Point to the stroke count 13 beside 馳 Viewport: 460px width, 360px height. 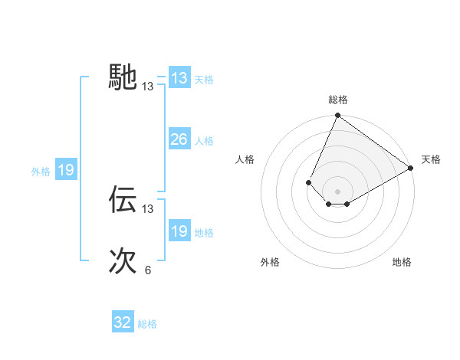tap(148, 87)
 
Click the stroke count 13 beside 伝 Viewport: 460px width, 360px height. tap(148, 208)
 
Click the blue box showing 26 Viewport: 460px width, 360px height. tap(179, 139)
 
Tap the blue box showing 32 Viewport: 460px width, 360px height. tap(123, 322)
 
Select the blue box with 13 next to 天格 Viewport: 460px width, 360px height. tap(179, 78)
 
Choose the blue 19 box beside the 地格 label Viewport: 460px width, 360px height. tap(179, 231)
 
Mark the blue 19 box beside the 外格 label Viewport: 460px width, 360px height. tap(66, 170)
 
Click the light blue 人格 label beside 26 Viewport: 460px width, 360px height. tap(204, 141)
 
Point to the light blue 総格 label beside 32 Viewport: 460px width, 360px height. tap(148, 324)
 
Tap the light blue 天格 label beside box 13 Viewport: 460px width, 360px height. tap(204, 80)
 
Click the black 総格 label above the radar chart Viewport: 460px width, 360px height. tap(337, 100)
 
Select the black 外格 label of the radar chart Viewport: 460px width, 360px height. tap(270, 262)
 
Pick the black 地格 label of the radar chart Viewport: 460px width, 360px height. tap(402, 262)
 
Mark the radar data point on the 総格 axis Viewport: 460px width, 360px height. tap(337, 116)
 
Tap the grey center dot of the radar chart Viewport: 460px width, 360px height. tap(337, 191)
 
